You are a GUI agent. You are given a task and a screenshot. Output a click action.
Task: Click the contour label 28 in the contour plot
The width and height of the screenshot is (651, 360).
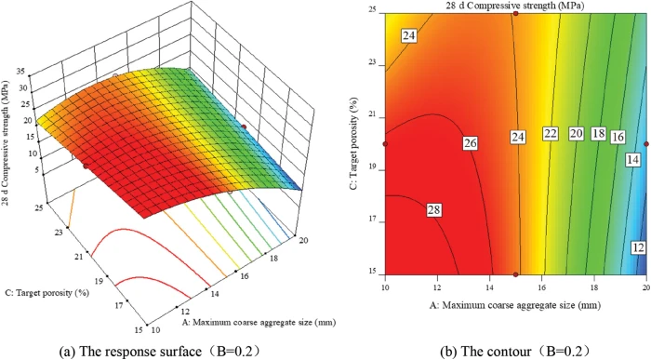435,212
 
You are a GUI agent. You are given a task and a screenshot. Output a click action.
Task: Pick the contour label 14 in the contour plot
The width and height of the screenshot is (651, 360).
633,159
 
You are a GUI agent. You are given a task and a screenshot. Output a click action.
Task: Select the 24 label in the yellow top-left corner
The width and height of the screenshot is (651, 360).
409,36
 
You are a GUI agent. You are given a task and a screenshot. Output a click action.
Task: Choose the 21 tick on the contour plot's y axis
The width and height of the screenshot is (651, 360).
372,118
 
